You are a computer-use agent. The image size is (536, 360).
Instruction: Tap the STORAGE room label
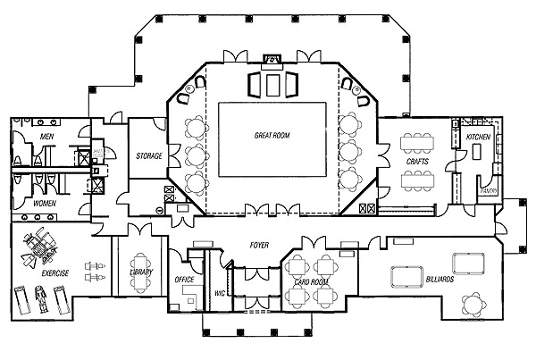148,155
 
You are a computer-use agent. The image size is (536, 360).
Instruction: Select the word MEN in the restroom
46,136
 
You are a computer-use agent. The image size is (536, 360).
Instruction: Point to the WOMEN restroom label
45,203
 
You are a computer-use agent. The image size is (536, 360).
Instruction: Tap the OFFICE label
185,280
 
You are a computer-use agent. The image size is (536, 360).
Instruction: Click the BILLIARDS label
440,280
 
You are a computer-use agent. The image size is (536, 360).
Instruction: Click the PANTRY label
488,190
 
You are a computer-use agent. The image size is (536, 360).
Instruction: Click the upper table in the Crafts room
417,140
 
